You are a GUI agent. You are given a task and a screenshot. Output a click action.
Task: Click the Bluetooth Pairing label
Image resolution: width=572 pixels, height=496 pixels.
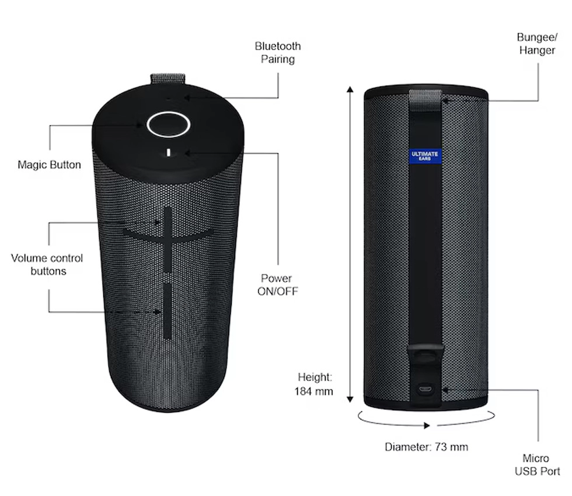[278, 53]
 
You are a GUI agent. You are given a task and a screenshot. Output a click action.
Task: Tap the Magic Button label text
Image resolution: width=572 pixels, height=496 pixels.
[49, 165]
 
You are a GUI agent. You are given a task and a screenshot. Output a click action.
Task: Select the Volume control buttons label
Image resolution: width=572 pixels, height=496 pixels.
[47, 264]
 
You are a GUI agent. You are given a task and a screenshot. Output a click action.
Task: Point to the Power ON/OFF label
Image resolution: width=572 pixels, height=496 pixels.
[277, 285]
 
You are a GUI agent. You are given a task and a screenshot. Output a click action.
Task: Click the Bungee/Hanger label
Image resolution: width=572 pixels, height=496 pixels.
[536, 44]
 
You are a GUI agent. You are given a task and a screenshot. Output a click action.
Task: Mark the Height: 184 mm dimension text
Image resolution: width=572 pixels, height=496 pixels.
[315, 384]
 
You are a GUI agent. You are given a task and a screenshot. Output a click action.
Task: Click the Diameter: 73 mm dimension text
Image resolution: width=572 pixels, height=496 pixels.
[426, 447]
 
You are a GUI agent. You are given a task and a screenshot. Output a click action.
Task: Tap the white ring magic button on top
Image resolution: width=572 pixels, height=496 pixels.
[168, 124]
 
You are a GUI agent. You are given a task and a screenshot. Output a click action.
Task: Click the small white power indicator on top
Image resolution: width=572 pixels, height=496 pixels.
[168, 153]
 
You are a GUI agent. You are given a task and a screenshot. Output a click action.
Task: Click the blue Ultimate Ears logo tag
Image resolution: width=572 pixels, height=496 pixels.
[424, 156]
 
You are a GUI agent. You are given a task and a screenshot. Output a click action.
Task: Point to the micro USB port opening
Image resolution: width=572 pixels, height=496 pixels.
[424, 388]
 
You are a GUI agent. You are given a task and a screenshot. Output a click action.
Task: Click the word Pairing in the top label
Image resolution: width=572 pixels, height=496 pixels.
[278, 59]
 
